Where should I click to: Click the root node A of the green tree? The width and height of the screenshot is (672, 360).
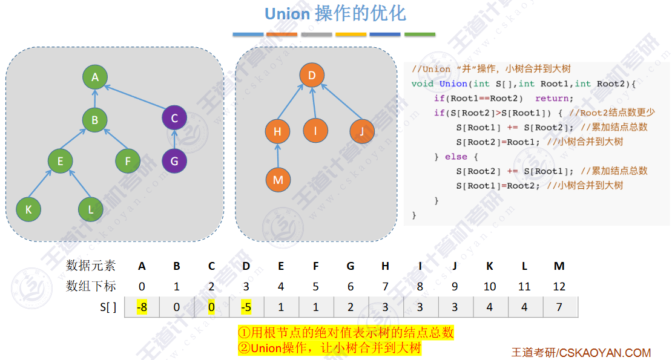[95, 77]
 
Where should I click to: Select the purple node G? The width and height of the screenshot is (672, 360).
[174, 161]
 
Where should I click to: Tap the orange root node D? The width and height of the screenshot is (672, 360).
[312, 75]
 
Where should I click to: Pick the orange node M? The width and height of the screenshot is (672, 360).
[278, 180]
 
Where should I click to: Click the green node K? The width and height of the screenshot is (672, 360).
[28, 209]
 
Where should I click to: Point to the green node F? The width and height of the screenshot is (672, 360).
[128, 161]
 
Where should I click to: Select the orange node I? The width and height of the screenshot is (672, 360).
[315, 131]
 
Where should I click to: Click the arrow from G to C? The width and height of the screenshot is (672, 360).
[174, 139]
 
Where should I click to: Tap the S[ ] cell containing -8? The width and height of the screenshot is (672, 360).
[142, 307]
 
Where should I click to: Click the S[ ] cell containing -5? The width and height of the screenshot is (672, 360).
[246, 307]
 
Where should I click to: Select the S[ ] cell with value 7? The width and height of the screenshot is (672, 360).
[559, 307]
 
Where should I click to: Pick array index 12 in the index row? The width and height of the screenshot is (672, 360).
[559, 286]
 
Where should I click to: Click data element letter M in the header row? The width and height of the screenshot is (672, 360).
[559, 266]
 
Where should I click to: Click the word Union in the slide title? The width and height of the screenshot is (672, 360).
[288, 13]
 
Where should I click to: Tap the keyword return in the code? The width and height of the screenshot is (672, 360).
[552, 98]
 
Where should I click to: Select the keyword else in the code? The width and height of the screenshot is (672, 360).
[456, 156]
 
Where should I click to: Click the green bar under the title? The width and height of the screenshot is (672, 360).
[420, 34]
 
